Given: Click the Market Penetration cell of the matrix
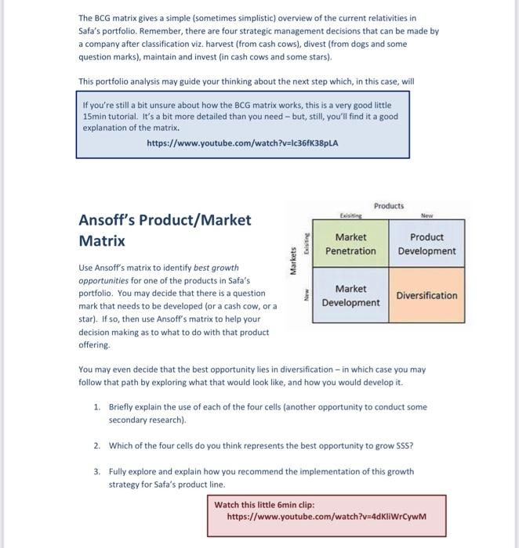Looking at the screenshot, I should coord(350,244).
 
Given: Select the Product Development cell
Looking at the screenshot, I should coord(426,244).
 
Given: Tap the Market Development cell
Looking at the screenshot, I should coord(350,296).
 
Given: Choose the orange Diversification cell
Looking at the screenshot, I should coord(426,296).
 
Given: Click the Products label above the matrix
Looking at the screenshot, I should coord(389,206).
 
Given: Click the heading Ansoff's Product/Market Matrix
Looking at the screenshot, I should coord(165,230).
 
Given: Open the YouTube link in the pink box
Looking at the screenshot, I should coord(325,517).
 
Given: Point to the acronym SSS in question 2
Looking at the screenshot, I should coord(405,445).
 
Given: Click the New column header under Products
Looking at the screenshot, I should coord(426,216).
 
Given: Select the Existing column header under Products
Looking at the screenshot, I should coord(350,216).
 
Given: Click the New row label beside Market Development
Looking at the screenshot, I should coord(306,296).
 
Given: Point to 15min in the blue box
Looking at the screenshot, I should coord(95,116).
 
